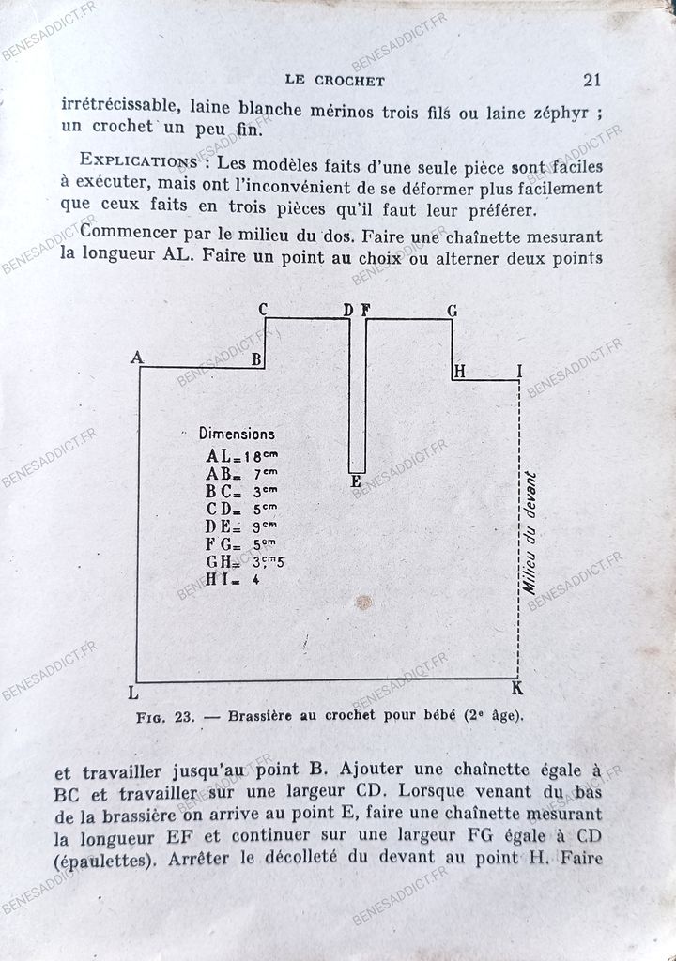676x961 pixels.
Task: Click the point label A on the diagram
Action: pyautogui.click(x=137, y=358)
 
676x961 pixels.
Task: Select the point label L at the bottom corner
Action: pyautogui.click(x=131, y=693)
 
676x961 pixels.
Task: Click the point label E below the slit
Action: pyautogui.click(x=356, y=481)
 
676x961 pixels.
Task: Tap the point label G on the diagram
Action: pyautogui.click(x=452, y=311)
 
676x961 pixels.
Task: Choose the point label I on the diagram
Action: pyautogui.click(x=519, y=372)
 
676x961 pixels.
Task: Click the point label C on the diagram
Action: pyautogui.click(x=263, y=310)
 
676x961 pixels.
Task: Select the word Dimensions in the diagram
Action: pyautogui.click(x=237, y=435)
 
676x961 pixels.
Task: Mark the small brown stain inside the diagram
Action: pyautogui.click(x=363, y=602)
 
